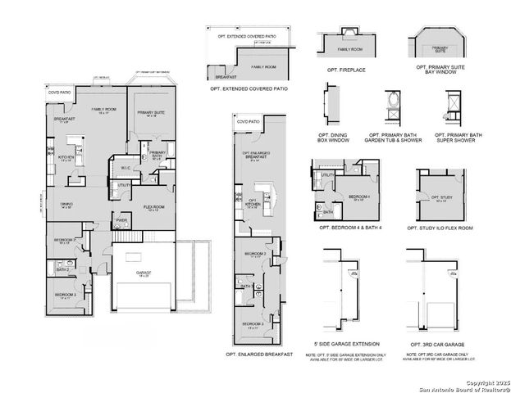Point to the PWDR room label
[121, 220]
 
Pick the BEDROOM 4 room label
[358, 197]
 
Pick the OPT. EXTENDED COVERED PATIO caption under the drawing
[249, 88]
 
